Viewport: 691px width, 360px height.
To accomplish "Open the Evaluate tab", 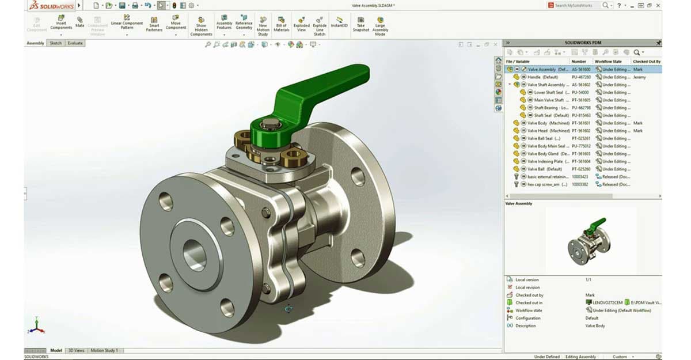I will [x=75, y=43].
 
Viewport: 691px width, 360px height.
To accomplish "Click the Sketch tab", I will [x=55, y=43].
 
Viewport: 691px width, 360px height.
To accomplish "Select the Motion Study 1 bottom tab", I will [x=104, y=350].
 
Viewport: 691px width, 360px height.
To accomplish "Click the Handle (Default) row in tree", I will [x=542, y=77].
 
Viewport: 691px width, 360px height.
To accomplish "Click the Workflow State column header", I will [x=608, y=61].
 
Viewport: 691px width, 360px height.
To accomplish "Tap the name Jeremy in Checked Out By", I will [x=639, y=77].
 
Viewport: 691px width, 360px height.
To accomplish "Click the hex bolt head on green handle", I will [x=269, y=123].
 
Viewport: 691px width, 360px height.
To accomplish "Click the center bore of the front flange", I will [x=194, y=252].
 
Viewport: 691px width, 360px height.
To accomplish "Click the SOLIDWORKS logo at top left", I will [x=49, y=5].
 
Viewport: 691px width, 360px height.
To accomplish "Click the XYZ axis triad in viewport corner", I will [x=36, y=327].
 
